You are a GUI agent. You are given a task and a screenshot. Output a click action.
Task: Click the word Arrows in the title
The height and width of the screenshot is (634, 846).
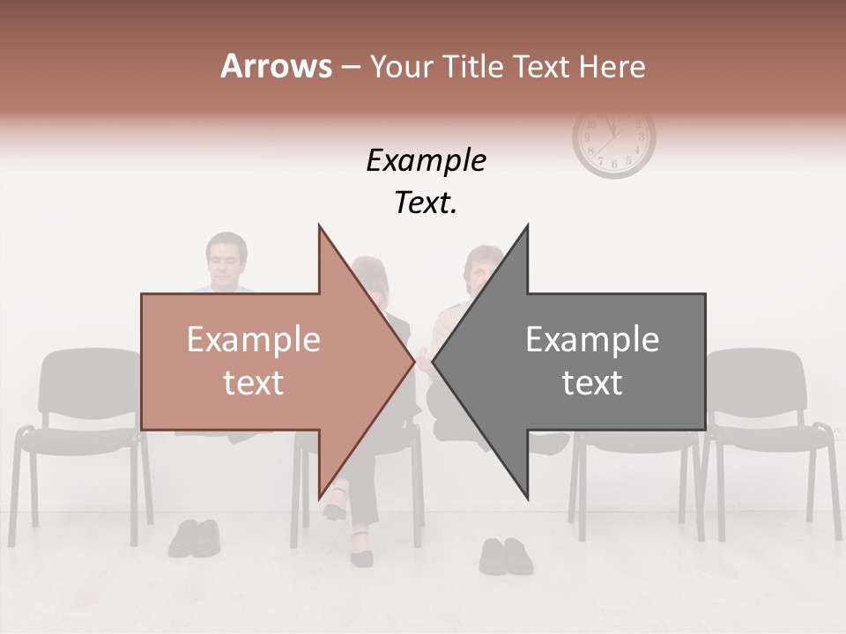point(276,66)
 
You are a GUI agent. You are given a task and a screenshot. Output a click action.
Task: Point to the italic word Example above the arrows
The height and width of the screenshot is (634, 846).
point(426,160)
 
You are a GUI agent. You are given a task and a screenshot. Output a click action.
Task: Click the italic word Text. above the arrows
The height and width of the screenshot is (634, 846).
point(426,203)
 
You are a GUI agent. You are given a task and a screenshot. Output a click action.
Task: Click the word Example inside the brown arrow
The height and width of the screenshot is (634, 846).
point(254,340)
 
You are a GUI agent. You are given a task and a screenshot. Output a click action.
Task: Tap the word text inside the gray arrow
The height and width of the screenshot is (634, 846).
point(592,382)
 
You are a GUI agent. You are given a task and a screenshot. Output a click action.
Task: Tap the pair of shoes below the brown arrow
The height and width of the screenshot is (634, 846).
point(195,537)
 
